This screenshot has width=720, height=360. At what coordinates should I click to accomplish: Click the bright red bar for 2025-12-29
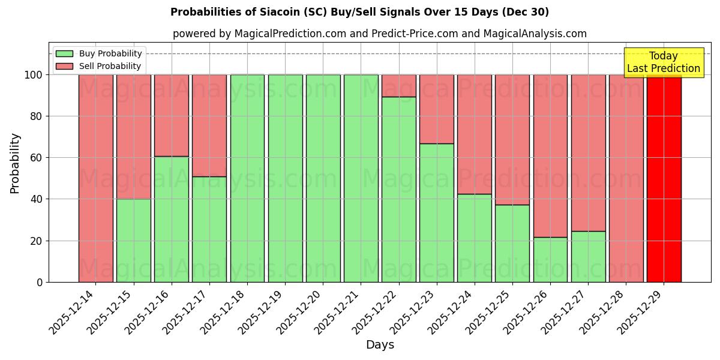tap(664, 178)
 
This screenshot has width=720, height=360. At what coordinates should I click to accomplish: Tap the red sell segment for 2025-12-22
tap(398, 85)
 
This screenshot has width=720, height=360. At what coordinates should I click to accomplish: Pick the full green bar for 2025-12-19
tap(285, 178)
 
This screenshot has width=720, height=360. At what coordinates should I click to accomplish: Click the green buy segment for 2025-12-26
tap(550, 259)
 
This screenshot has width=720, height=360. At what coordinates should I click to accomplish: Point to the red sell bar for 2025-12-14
tap(95, 178)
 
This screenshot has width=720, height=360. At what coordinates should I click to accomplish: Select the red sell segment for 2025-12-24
tap(474, 134)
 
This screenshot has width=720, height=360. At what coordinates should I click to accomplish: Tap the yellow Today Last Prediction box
tap(663, 62)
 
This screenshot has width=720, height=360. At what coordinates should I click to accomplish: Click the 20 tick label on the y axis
tap(37, 241)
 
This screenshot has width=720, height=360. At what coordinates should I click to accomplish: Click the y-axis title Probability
tap(15, 163)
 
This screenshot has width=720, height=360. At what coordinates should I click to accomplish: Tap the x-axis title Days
tap(380, 345)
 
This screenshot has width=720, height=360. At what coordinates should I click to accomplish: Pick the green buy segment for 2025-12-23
tap(436, 212)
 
